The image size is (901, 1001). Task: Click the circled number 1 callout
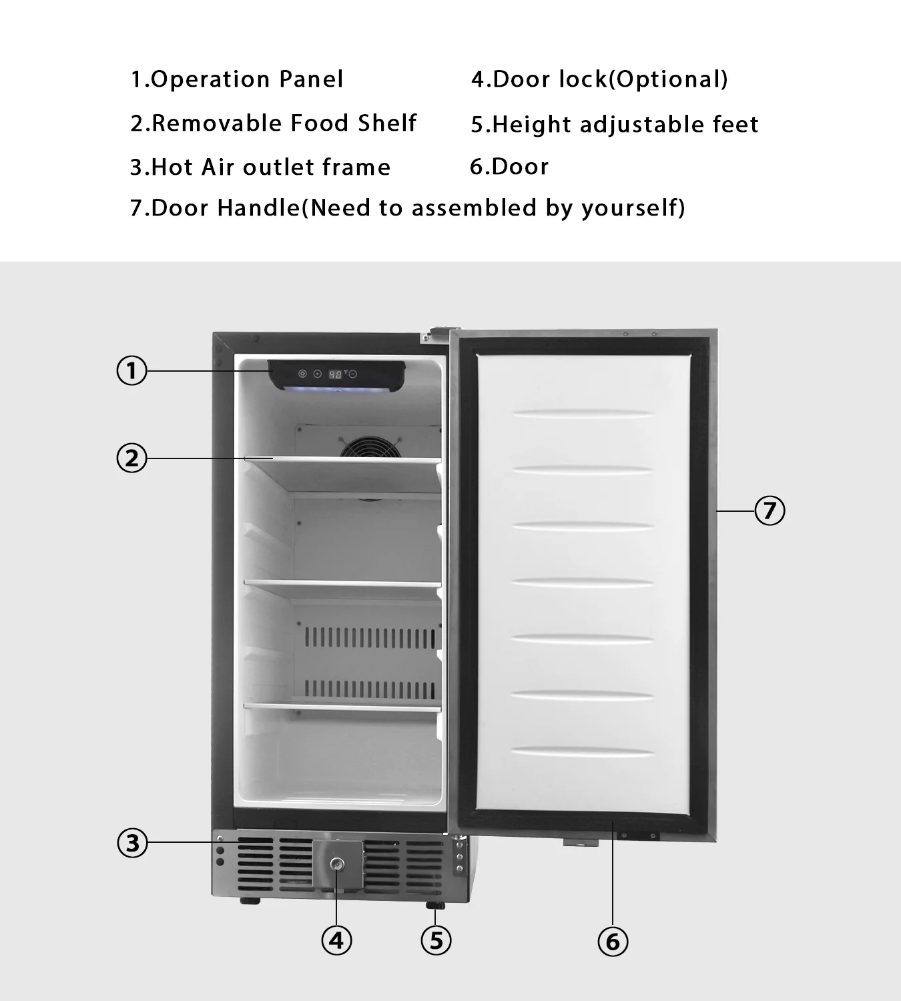coord(131,371)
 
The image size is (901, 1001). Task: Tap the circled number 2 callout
coord(131,458)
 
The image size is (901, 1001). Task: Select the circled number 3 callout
coord(132,843)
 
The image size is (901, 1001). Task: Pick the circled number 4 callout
coord(336,941)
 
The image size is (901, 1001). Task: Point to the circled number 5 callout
coord(436,941)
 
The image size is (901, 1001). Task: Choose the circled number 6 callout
coord(613,942)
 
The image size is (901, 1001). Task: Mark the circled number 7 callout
coord(770,511)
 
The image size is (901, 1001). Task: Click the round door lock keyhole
coord(337,864)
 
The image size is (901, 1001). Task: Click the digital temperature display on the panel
coord(336,374)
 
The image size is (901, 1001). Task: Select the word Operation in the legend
coord(210,79)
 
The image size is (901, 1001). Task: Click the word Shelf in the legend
coord(387,123)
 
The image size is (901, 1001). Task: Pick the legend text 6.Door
coord(509,167)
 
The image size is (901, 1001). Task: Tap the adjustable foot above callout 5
coord(434,905)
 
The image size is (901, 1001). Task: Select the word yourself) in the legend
coord(633,208)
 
